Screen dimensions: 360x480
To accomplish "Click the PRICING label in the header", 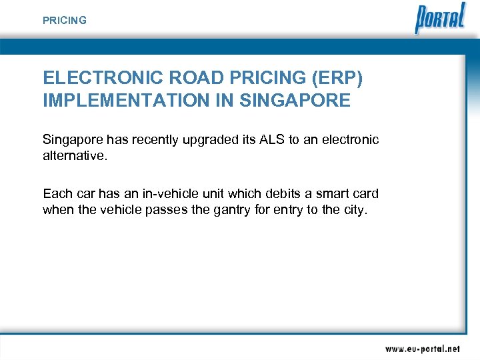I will pos(65,21).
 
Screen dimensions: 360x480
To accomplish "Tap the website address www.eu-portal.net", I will pos(422,349).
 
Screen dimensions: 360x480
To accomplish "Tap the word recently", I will pos(152,140).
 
